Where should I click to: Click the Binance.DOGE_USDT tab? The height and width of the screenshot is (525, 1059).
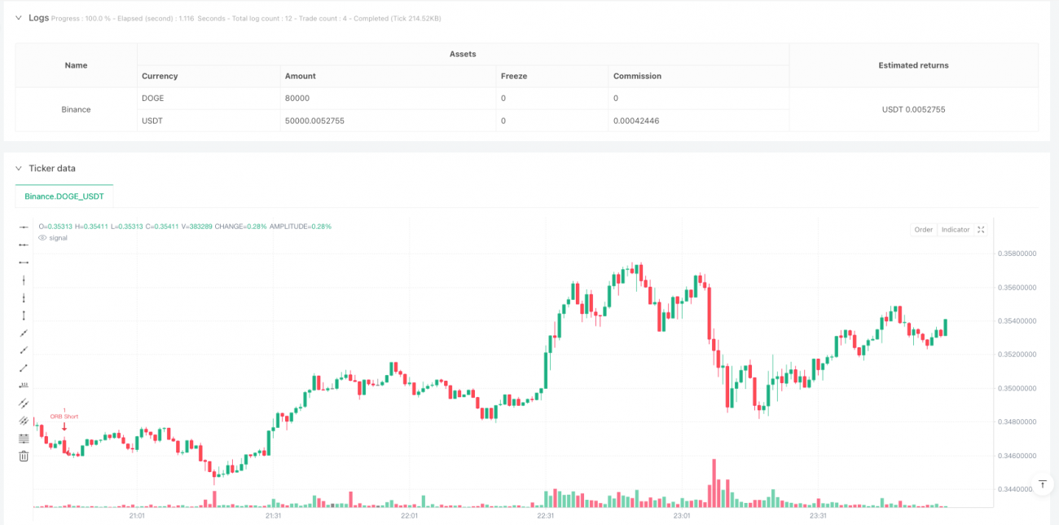coord(64,196)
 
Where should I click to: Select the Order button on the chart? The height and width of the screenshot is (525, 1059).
coord(923,230)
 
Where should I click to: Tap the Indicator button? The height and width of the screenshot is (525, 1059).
coord(956,230)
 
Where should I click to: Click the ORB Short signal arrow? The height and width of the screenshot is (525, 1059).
coord(64,426)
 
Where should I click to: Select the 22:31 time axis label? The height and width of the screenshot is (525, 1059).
coord(546,515)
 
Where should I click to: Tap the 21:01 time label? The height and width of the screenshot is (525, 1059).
coord(137,515)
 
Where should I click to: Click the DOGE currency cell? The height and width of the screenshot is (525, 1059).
coord(153,98)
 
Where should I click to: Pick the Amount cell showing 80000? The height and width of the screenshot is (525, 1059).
coord(297,98)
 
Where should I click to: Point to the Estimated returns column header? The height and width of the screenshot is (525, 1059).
coord(913,65)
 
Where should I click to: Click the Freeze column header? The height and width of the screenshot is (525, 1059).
coord(514,76)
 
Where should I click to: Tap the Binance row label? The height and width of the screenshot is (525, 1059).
coord(76,109)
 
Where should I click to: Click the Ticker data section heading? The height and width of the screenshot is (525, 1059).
coord(52,168)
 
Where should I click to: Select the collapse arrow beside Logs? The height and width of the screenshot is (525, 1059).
coord(18,17)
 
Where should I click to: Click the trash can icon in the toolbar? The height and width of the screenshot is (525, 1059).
coord(24,456)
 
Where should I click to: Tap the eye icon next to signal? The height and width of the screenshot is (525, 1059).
coord(42,238)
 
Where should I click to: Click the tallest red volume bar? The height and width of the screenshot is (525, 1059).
coord(714,483)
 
